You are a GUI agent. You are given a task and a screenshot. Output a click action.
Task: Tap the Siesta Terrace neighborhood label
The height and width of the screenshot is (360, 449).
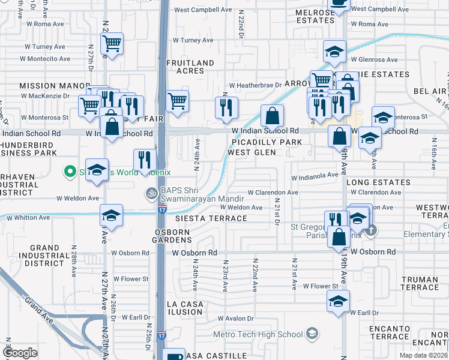click(x=211, y=218)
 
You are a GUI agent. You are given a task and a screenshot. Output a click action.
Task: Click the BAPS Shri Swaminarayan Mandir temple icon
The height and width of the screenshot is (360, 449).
click(x=150, y=193)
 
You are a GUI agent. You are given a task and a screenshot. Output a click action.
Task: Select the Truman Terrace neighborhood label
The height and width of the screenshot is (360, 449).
click(x=420, y=283)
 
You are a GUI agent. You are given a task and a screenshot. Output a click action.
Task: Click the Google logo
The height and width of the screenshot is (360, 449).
click(x=20, y=353)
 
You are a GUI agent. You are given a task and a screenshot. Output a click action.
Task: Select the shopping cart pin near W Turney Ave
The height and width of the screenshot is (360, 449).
click(x=112, y=44)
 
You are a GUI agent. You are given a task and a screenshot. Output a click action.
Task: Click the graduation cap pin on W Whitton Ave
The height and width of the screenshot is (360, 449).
click(x=110, y=215)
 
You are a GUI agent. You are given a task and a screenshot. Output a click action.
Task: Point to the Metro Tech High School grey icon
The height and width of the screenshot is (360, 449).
click(x=312, y=333)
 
